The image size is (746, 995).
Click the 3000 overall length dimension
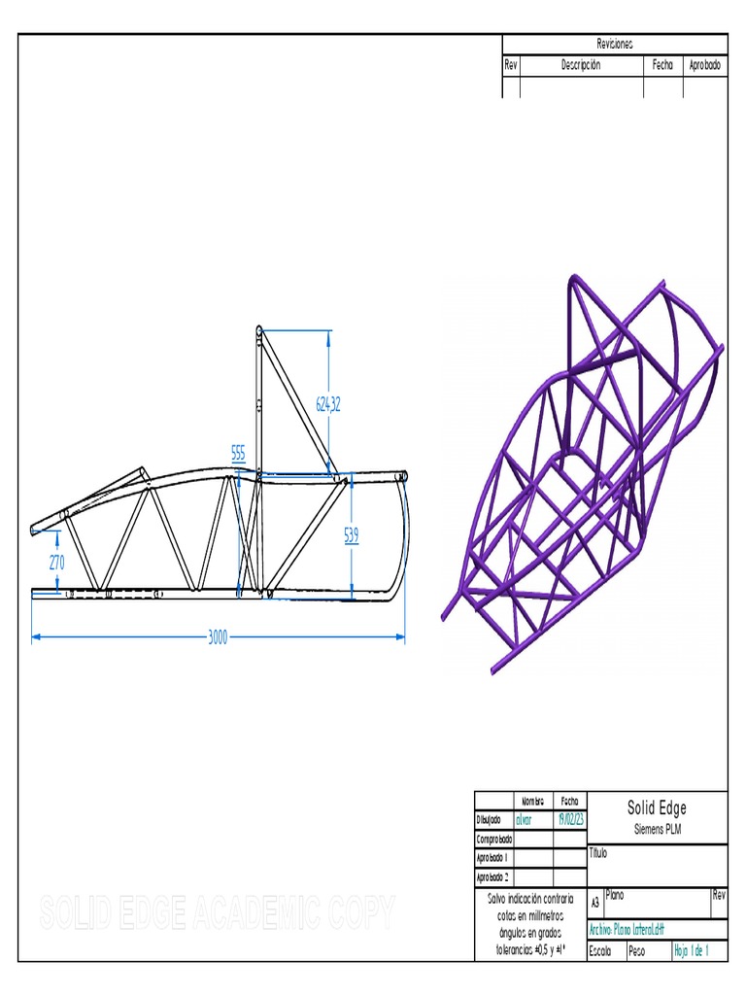point(218,636)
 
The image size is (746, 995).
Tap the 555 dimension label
point(238,452)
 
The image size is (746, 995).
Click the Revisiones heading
point(614,45)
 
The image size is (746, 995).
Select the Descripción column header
point(581,65)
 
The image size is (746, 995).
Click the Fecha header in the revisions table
point(662,65)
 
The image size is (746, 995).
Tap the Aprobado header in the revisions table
point(704,65)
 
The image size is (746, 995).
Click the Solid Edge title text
point(657,808)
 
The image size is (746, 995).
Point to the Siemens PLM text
point(657,828)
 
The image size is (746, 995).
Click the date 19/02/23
point(569,819)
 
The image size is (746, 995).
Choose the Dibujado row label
point(489,819)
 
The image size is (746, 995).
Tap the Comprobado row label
point(493,839)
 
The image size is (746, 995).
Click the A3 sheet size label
point(595,902)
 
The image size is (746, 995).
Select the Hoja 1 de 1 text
point(692,951)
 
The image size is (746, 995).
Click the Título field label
point(597,854)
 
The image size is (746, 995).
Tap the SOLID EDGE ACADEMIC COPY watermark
point(218,911)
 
